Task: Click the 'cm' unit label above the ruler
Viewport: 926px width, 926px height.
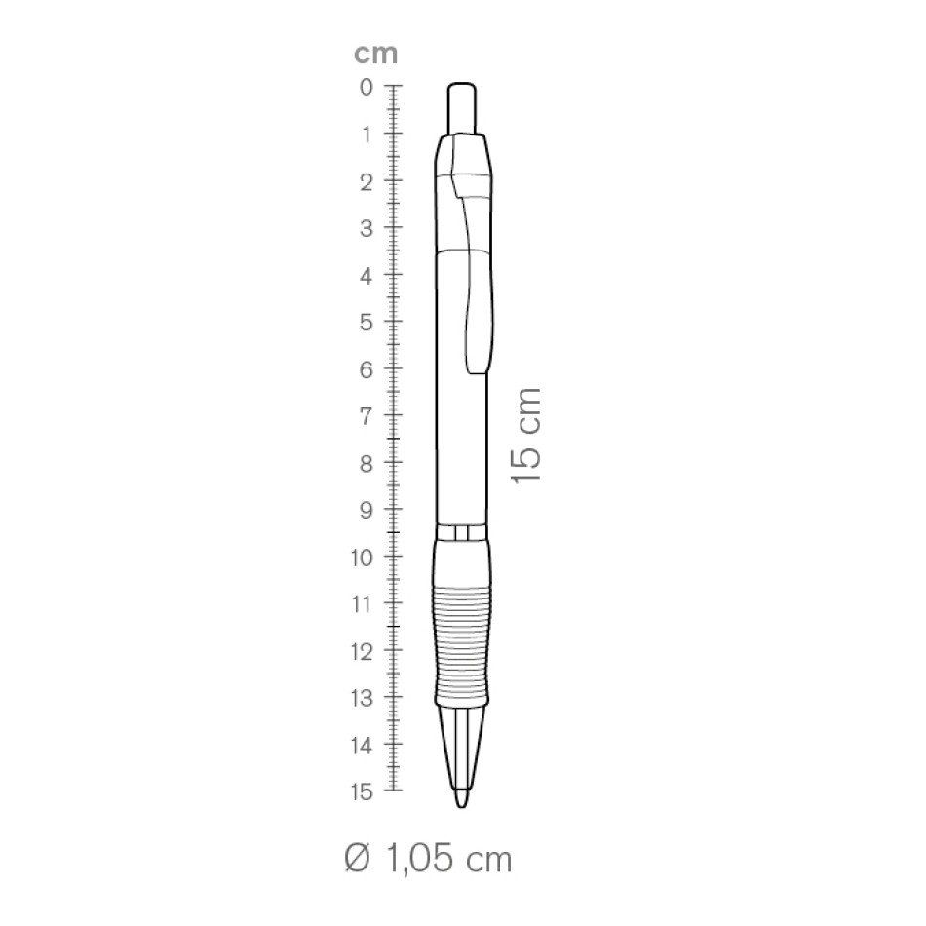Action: tap(375, 54)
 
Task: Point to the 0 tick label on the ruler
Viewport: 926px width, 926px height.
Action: tap(367, 88)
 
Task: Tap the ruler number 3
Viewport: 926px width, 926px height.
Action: tap(367, 229)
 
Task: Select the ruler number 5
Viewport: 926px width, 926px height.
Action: tap(367, 323)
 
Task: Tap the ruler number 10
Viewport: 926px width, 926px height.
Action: tap(362, 558)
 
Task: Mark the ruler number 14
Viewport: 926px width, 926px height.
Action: tap(362, 746)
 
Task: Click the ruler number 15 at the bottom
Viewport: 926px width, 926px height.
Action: tap(362, 792)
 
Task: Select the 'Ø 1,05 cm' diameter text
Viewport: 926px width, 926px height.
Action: tap(428, 859)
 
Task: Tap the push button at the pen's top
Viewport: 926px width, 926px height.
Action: tap(462, 107)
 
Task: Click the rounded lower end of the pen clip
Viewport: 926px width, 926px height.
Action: tap(479, 366)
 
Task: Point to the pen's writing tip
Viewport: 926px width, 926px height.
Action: tap(462, 801)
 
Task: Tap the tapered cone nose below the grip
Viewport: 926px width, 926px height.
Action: tap(462, 746)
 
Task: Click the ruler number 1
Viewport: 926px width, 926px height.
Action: tap(367, 135)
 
